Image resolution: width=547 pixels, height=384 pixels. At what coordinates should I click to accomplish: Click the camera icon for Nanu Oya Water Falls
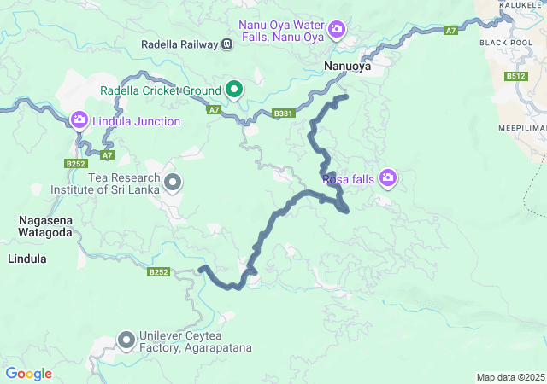pos(337,30)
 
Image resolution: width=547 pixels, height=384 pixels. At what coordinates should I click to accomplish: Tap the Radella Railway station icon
pos(226,44)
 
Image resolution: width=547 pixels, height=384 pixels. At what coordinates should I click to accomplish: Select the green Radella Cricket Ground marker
pos(233,89)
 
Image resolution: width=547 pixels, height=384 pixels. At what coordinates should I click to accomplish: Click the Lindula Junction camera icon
pos(79,120)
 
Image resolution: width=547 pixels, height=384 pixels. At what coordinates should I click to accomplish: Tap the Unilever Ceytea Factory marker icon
pos(126,340)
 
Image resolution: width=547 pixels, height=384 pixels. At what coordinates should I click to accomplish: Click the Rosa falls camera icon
pos(388,177)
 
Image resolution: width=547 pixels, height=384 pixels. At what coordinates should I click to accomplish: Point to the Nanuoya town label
pos(347,66)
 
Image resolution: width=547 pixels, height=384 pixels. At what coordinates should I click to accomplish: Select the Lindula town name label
pos(27,258)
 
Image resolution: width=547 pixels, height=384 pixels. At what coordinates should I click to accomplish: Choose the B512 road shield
pos(515,76)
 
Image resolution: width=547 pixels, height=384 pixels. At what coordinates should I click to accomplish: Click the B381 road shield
pos(284,113)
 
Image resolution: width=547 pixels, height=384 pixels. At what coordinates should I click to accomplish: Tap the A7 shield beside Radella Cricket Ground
pos(214,110)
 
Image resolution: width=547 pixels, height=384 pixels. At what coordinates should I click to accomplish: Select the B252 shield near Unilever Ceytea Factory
pos(158,272)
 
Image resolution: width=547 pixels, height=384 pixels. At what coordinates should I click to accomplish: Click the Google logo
pos(29,374)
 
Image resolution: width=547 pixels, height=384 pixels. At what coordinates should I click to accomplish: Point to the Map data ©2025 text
pos(509,377)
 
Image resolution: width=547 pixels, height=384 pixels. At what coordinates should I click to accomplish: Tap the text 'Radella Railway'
pos(179,44)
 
